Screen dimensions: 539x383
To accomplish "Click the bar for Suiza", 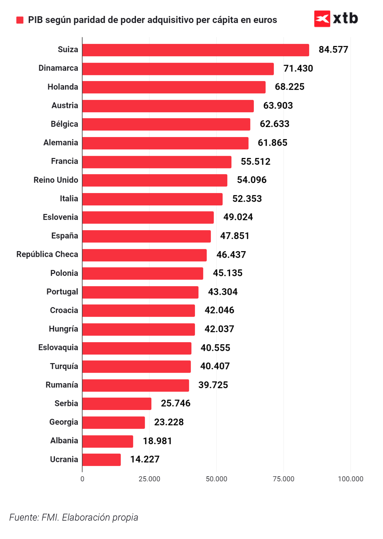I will click(x=196, y=50).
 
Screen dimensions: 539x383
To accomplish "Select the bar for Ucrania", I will click(x=101, y=460).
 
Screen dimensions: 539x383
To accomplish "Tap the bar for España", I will click(x=146, y=236).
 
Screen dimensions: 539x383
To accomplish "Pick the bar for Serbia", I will click(x=117, y=404).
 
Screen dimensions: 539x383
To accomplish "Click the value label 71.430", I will click(x=298, y=68).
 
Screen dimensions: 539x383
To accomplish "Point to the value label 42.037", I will click(x=219, y=329).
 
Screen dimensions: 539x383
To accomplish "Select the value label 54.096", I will click(x=252, y=180).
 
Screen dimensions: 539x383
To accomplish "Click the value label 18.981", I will click(x=157, y=441).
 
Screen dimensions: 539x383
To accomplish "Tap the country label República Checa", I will click(x=47, y=254).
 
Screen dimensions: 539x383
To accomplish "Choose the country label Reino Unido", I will click(x=56, y=180).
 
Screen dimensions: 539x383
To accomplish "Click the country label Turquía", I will click(x=64, y=366).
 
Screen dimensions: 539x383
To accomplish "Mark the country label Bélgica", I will click(x=64, y=124).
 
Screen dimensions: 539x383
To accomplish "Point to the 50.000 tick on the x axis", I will click(x=216, y=479).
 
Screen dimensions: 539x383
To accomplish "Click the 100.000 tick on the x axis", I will click(x=350, y=479).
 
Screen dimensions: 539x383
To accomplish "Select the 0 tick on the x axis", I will click(x=82, y=479).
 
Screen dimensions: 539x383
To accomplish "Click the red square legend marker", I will click(x=20, y=20).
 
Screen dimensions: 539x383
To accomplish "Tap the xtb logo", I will click(x=336, y=19).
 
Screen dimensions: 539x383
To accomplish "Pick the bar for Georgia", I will click(x=113, y=422).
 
